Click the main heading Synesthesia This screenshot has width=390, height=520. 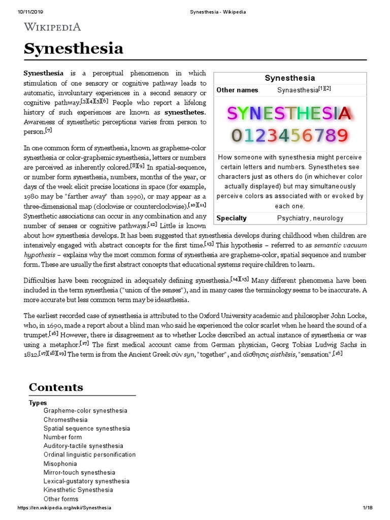74,49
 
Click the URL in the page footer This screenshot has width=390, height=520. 64,508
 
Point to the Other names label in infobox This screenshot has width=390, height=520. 237,90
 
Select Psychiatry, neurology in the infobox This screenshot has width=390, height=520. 310,218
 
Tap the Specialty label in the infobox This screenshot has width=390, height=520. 232,218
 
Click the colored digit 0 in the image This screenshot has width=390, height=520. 236,136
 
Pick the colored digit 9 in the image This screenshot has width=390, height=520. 342,136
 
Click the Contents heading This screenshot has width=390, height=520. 56,387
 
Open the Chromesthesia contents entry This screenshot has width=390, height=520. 66,420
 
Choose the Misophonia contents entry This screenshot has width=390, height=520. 60,464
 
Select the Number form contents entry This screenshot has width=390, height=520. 62,437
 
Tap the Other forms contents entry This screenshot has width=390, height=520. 61,499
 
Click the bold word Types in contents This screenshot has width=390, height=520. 38,403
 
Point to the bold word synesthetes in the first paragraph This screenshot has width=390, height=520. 185,112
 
